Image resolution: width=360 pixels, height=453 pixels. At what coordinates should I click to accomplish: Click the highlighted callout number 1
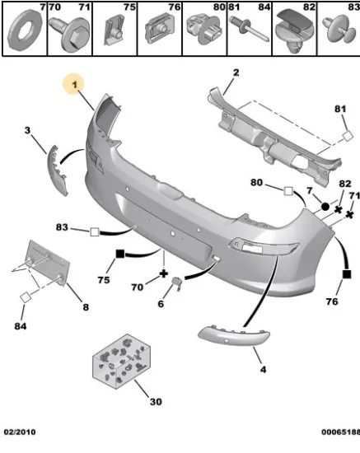(75, 85)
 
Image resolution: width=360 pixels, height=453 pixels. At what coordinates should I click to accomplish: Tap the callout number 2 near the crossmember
(236, 72)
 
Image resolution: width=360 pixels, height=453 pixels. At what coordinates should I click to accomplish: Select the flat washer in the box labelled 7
(25, 30)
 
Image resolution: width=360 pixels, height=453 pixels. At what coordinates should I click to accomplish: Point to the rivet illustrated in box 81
(249, 29)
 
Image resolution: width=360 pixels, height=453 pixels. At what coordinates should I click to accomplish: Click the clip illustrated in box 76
(160, 29)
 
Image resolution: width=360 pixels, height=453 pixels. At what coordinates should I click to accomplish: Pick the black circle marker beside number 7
(325, 206)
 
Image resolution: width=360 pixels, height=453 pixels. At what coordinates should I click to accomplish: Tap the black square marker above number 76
(347, 274)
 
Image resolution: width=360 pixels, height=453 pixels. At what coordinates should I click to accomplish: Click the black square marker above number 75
(120, 254)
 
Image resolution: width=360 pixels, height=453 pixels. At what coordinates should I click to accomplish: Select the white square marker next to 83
(95, 232)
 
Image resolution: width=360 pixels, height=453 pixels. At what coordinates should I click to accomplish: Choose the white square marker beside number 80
(288, 191)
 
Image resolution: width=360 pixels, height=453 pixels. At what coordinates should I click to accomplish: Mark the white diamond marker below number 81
(348, 136)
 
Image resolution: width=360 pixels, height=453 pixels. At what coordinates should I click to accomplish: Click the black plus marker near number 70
(164, 274)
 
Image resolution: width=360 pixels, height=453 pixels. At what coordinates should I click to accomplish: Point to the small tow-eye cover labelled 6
(177, 283)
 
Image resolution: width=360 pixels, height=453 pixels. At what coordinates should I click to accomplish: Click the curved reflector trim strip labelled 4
(233, 337)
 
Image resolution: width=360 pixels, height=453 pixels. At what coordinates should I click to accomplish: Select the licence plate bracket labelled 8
(48, 263)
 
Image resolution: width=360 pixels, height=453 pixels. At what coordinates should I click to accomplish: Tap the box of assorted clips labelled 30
(122, 362)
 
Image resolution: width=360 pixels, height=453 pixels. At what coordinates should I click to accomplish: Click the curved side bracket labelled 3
(57, 170)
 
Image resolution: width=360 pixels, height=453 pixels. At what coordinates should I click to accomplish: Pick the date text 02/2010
(20, 432)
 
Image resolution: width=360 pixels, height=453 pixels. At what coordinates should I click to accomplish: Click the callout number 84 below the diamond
(21, 326)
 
